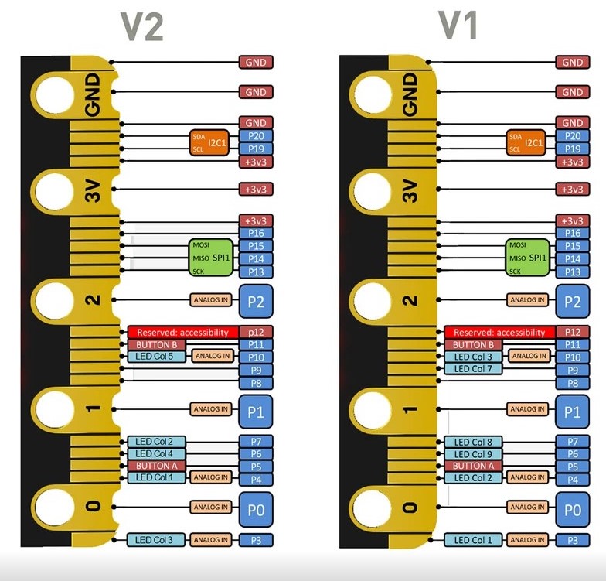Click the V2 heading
[143, 27]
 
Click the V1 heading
[458, 27]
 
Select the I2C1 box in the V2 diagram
[210, 142]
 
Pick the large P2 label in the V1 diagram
[572, 301]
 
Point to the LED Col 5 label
[155, 357]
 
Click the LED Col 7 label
[473, 369]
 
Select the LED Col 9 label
[473, 454]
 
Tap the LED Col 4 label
[155, 453]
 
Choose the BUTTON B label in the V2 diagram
[157, 344]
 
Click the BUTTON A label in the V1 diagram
[473, 466]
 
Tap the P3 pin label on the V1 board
[572, 541]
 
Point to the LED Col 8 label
[473, 442]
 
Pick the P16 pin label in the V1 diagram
[572, 233]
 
